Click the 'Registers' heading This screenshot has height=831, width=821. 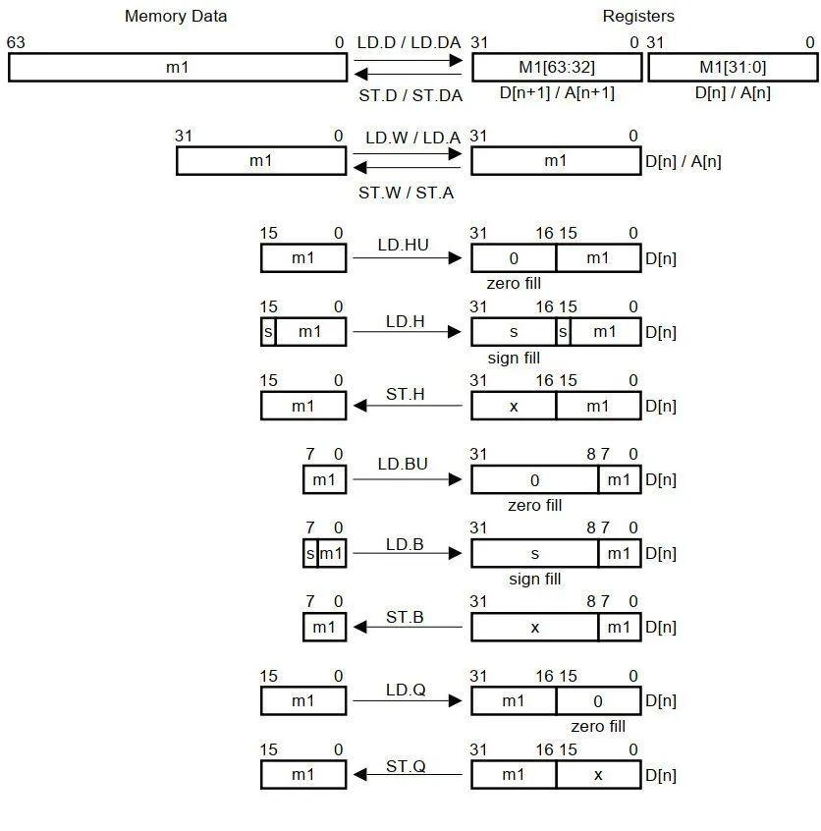(638, 16)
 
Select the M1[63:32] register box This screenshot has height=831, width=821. (556, 67)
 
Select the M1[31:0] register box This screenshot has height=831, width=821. (734, 67)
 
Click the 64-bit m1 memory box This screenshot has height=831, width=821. (177, 67)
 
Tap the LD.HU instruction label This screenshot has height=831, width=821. (403, 245)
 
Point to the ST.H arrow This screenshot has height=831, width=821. (407, 406)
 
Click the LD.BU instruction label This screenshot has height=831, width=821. (403, 464)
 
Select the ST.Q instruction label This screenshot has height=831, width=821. (405, 765)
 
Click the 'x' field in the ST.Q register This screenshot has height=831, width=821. (598, 775)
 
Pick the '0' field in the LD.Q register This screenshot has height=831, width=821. (598, 701)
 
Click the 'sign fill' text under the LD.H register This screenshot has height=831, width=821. (514, 359)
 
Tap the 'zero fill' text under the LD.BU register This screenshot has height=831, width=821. (534, 506)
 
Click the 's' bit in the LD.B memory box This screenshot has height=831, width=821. (310, 554)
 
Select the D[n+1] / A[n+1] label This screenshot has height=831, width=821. (557, 93)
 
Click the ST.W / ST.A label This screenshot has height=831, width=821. (406, 194)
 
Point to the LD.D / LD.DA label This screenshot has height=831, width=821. (409, 42)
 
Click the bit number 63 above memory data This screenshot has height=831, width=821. (16, 42)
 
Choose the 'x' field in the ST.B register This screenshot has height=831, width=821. (534, 628)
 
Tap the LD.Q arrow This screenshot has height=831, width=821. (407, 700)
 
